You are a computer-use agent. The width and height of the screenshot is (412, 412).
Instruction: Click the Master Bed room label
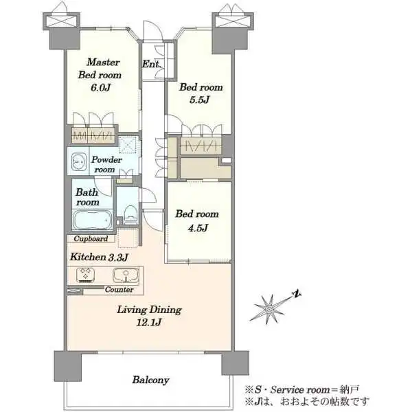(x=100, y=69)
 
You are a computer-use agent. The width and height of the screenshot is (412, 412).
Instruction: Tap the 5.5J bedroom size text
(x=199, y=100)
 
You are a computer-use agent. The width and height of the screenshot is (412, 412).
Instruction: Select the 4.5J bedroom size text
(x=198, y=227)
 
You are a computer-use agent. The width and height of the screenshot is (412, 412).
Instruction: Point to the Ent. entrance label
(x=151, y=64)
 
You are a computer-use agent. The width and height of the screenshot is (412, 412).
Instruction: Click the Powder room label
(x=106, y=165)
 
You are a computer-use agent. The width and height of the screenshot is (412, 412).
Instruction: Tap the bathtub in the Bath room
(x=92, y=220)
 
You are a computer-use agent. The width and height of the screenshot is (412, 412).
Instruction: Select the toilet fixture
(x=130, y=214)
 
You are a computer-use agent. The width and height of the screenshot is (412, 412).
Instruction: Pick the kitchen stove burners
(x=85, y=275)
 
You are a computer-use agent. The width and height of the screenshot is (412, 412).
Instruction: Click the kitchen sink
(x=126, y=275)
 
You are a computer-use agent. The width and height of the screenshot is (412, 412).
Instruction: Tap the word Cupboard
(x=91, y=238)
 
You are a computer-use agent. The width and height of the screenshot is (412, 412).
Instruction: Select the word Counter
(x=119, y=290)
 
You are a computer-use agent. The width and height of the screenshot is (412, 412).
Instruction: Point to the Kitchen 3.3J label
(x=99, y=257)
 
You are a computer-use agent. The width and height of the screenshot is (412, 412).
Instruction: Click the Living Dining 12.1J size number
(x=149, y=323)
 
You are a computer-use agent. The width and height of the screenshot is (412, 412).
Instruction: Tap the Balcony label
(x=150, y=380)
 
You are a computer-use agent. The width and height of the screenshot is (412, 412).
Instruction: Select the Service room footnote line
(x=302, y=389)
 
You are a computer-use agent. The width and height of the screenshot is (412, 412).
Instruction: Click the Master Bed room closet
(x=93, y=135)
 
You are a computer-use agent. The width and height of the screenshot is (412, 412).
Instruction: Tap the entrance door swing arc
(x=153, y=30)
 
